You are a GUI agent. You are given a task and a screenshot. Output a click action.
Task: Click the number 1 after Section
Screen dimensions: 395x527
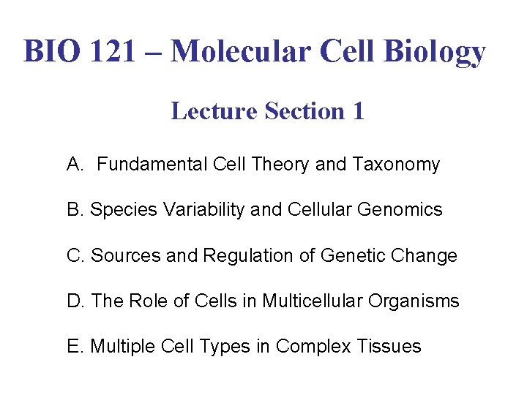pyautogui.click(x=357, y=111)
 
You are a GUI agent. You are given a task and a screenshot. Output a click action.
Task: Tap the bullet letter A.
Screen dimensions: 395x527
pyautogui.click(x=75, y=165)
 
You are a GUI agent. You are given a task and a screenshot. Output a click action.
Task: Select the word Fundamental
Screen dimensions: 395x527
pyautogui.click(x=153, y=165)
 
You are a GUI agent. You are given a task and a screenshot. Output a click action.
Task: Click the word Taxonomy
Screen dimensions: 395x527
pyautogui.click(x=397, y=165)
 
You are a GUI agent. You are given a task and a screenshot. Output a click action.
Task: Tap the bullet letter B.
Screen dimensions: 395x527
pyautogui.click(x=75, y=210)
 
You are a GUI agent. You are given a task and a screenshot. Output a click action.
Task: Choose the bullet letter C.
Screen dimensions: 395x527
pyautogui.click(x=75, y=255)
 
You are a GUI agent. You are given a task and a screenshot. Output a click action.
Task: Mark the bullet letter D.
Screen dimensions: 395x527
pyautogui.click(x=75, y=301)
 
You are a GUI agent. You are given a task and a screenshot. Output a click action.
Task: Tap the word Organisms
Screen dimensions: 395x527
pyautogui.click(x=418, y=301)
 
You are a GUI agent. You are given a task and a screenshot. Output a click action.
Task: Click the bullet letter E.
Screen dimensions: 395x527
pyautogui.click(x=75, y=346)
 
